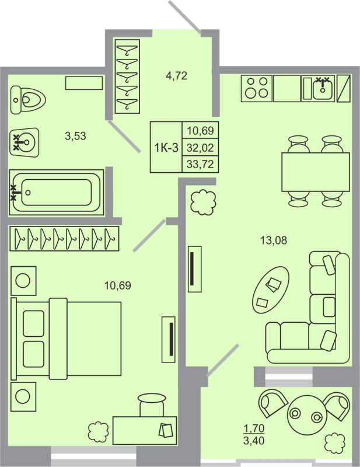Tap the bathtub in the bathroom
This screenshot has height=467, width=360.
(x=55, y=190)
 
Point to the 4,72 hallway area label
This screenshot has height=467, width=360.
(x=176, y=75)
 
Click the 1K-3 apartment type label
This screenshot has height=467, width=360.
(x=166, y=147)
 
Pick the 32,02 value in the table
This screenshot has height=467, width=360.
(x=200, y=147)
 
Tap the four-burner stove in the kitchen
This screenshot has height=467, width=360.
(x=257, y=88)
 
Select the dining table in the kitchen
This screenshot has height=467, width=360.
(x=315, y=172)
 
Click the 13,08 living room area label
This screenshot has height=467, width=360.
(x=274, y=239)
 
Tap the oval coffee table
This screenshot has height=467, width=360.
(x=270, y=288)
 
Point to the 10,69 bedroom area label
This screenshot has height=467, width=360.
(x=117, y=285)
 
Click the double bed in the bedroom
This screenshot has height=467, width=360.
(x=67, y=339)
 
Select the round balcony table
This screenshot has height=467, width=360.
(x=306, y=415)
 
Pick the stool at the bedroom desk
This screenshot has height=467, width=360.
(x=152, y=404)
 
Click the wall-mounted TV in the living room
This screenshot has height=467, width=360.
(x=194, y=268)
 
